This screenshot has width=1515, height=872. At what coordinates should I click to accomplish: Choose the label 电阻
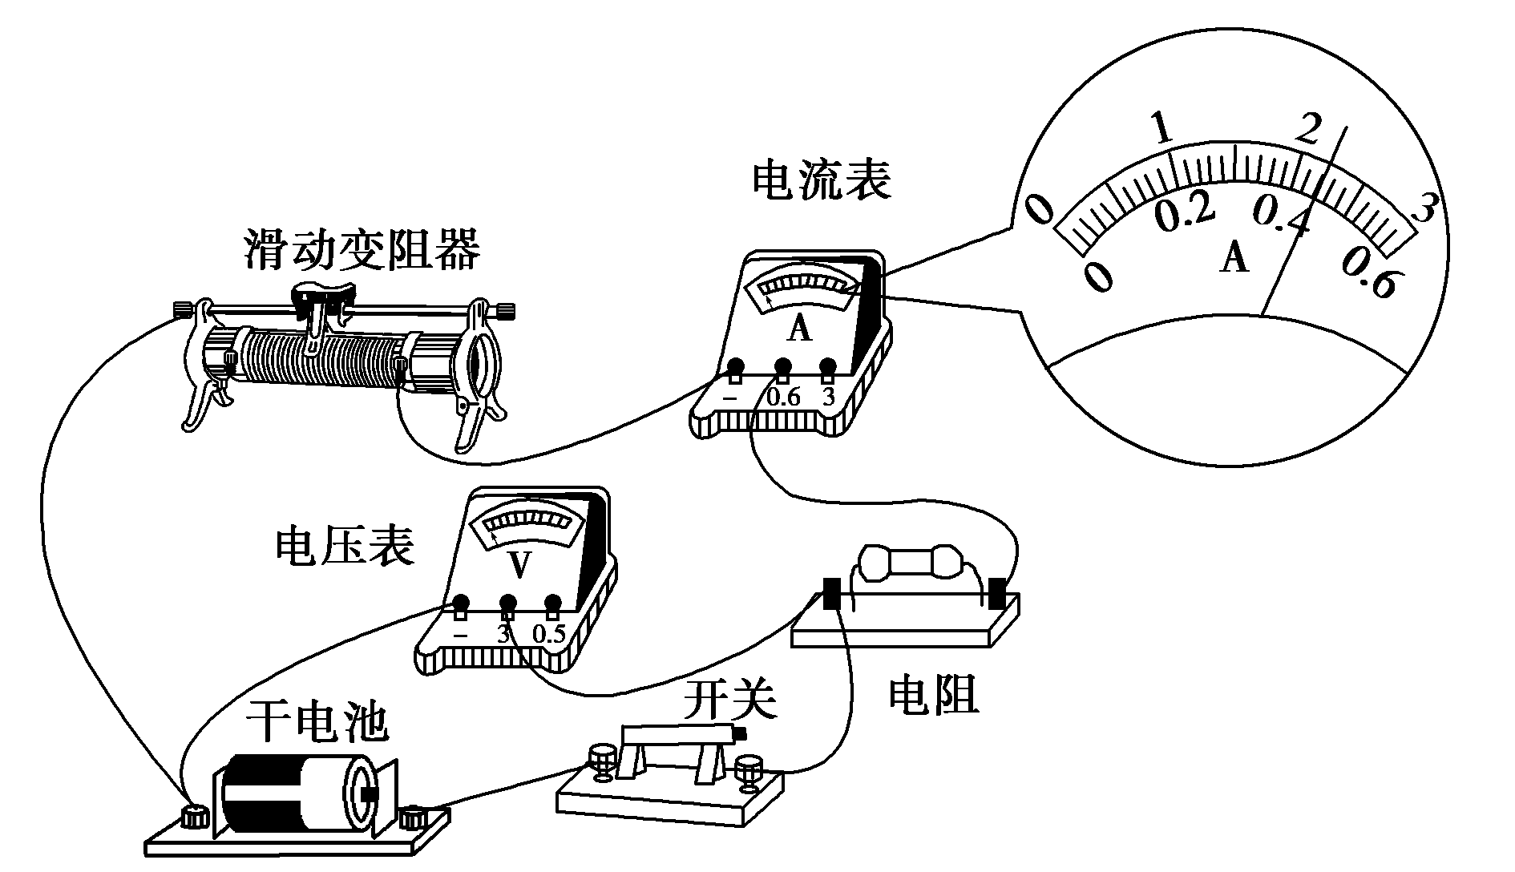pyautogui.click(x=933, y=694)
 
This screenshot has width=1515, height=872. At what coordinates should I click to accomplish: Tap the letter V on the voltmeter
pyautogui.click(x=520, y=565)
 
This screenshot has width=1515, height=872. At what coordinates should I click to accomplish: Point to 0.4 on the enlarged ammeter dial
pyautogui.click(x=1280, y=215)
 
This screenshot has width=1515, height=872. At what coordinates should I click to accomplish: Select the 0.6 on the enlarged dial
pyautogui.click(x=1370, y=272)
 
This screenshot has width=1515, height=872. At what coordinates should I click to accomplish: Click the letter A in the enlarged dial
pyautogui.click(x=1234, y=258)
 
